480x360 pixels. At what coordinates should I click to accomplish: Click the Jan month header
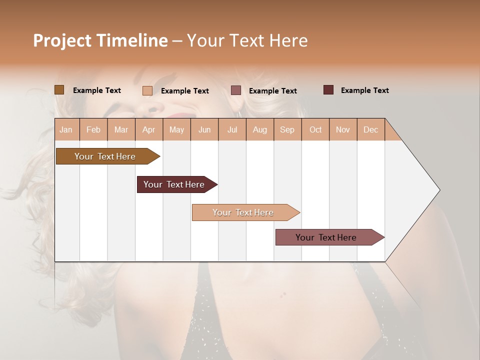tap(66, 130)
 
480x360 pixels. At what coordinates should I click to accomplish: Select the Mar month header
tap(121, 130)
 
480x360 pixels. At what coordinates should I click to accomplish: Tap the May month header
tap(176, 130)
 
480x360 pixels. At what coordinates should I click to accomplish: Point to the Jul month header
tap(232, 130)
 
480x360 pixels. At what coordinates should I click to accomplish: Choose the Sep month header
tap(287, 130)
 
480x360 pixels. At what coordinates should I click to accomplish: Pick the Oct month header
tap(315, 130)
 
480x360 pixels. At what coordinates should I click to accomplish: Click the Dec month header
tap(370, 130)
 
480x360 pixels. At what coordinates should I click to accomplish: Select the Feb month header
tap(93, 130)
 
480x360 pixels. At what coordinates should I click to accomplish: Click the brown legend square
tap(59, 90)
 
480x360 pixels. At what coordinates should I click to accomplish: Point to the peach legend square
tap(147, 90)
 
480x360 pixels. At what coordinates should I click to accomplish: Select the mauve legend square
tap(236, 90)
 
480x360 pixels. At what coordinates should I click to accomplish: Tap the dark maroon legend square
tap(328, 90)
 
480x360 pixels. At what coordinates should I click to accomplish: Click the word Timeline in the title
tap(132, 40)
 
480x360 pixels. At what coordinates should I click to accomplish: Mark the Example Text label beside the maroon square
tap(364, 90)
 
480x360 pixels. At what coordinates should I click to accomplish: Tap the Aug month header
tap(260, 130)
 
